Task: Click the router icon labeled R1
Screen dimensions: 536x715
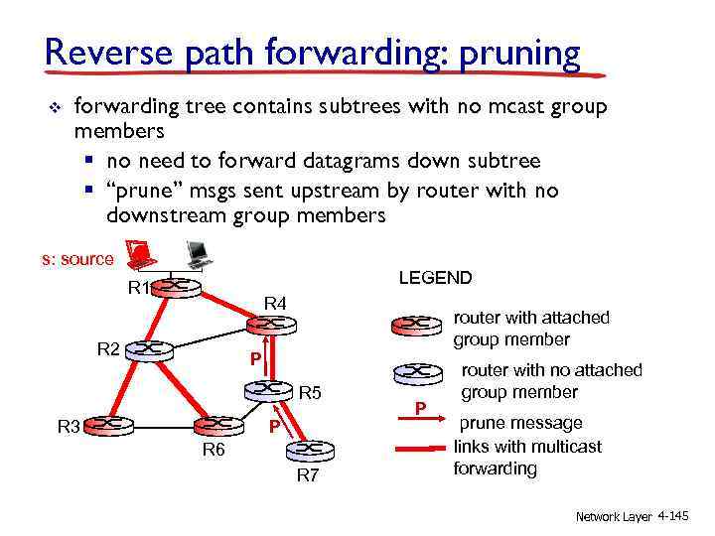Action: click(175, 288)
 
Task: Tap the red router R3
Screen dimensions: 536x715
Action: click(108, 426)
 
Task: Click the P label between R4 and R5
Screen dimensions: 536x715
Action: click(255, 359)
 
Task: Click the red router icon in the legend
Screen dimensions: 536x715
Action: click(417, 325)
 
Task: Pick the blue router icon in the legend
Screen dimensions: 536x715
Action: click(417, 374)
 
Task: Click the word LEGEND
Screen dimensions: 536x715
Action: click(435, 278)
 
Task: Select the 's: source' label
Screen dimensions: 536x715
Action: click(77, 259)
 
